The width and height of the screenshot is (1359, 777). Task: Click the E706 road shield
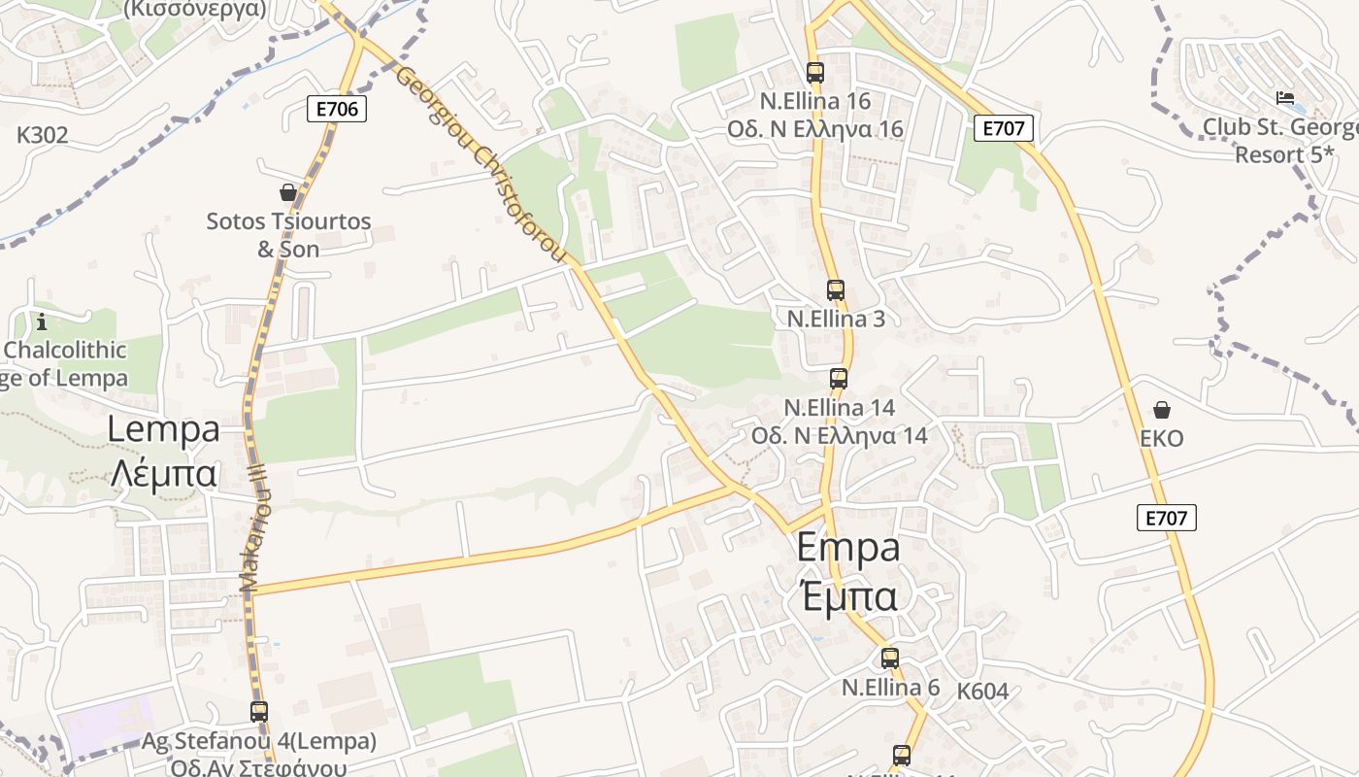tap(338, 109)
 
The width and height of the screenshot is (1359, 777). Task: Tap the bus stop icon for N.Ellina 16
tap(814, 72)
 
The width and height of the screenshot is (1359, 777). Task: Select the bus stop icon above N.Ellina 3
tap(835, 289)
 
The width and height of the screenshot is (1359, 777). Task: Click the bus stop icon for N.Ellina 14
tap(838, 379)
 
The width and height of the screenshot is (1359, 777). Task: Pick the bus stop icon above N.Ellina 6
tap(889, 659)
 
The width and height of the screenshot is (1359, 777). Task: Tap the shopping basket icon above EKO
tap(1161, 410)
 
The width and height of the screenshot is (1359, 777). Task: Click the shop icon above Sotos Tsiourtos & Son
tap(287, 192)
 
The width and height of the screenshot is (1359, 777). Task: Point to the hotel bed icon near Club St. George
tap(1284, 98)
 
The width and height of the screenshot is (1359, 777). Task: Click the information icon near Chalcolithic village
tap(41, 321)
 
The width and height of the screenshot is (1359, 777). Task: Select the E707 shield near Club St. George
tap(1004, 128)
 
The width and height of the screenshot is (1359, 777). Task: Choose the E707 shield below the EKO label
tap(1166, 518)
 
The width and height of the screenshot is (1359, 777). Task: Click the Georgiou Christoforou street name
tap(482, 165)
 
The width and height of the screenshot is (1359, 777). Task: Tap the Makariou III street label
tap(254, 529)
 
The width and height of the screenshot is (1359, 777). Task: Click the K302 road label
tap(43, 135)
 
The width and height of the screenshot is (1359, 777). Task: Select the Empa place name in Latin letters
tap(847, 548)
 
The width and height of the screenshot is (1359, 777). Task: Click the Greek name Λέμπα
tap(163, 473)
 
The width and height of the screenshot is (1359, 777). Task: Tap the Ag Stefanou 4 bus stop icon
tap(258, 711)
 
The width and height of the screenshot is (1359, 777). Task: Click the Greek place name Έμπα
tap(847, 595)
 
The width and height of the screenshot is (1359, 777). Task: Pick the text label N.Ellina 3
tap(835, 319)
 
